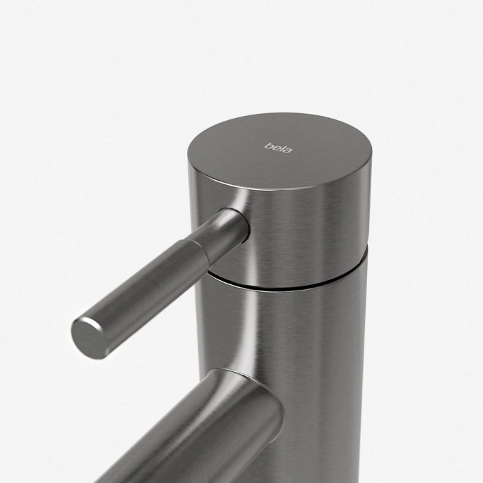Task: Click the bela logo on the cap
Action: pos(279,148)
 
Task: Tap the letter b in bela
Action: pos(268,146)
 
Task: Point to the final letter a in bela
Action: pos(288,150)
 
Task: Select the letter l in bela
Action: pos(282,148)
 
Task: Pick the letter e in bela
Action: pos(276,148)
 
